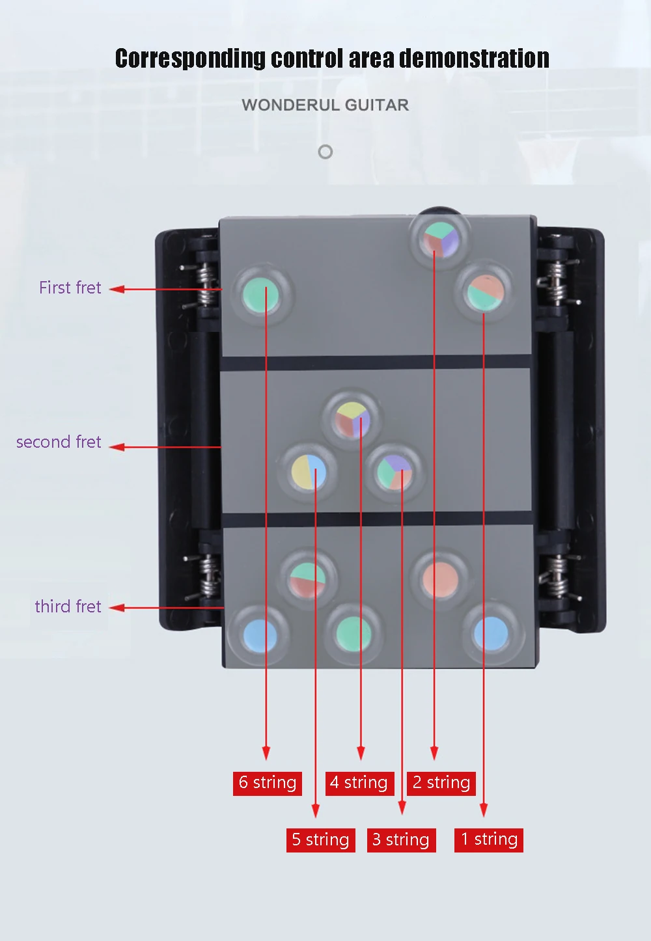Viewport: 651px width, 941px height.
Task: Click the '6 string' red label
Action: (x=268, y=783)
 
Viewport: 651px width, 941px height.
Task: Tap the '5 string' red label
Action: (x=320, y=840)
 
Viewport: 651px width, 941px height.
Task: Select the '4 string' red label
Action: (x=359, y=783)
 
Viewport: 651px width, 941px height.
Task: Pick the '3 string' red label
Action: (x=401, y=840)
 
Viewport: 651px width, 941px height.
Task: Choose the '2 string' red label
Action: (x=441, y=783)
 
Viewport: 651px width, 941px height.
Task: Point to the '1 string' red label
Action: (x=489, y=839)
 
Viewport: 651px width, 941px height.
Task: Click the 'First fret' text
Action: (x=70, y=288)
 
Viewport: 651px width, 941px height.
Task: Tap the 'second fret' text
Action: (x=59, y=442)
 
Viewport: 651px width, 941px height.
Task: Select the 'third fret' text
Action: (x=68, y=607)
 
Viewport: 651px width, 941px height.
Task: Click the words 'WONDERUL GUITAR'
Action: (x=325, y=105)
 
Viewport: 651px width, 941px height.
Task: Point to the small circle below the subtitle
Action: (x=325, y=152)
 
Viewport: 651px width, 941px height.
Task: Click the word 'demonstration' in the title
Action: (x=474, y=59)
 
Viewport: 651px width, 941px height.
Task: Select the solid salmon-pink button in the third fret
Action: (x=440, y=579)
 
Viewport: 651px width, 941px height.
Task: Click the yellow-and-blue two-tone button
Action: (x=308, y=470)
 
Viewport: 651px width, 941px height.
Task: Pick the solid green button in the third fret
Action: (x=353, y=633)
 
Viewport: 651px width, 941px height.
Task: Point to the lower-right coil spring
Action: (x=556, y=577)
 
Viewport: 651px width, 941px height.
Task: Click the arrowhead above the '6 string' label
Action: (x=266, y=753)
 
